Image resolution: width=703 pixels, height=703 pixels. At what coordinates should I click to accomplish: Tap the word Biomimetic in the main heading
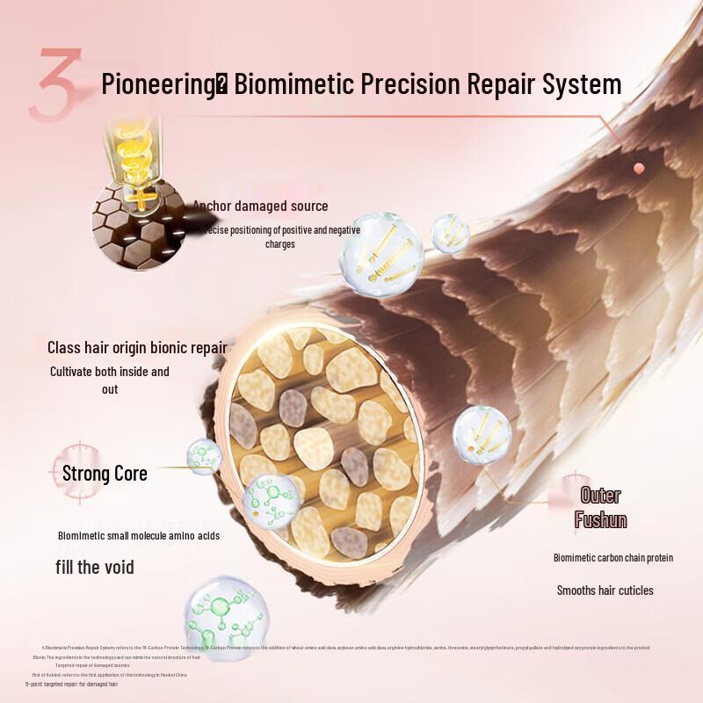point(291,84)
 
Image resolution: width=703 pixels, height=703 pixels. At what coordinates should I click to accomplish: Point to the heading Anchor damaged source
point(262,206)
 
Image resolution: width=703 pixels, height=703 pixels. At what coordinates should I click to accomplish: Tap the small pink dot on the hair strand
point(639,168)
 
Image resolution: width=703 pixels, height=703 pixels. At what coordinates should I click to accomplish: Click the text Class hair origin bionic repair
point(137,348)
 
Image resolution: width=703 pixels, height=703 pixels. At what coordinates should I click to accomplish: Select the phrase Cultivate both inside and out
point(109,380)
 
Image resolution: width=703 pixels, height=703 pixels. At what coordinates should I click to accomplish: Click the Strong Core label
point(105,474)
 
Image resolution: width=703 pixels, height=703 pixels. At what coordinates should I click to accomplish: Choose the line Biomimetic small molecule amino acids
point(139,535)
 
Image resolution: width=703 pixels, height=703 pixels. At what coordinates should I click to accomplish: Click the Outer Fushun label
point(601,508)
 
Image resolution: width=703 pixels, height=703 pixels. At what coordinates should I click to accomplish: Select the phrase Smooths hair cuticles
point(605,591)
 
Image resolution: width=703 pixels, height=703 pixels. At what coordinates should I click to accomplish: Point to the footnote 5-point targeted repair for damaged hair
point(71,683)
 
